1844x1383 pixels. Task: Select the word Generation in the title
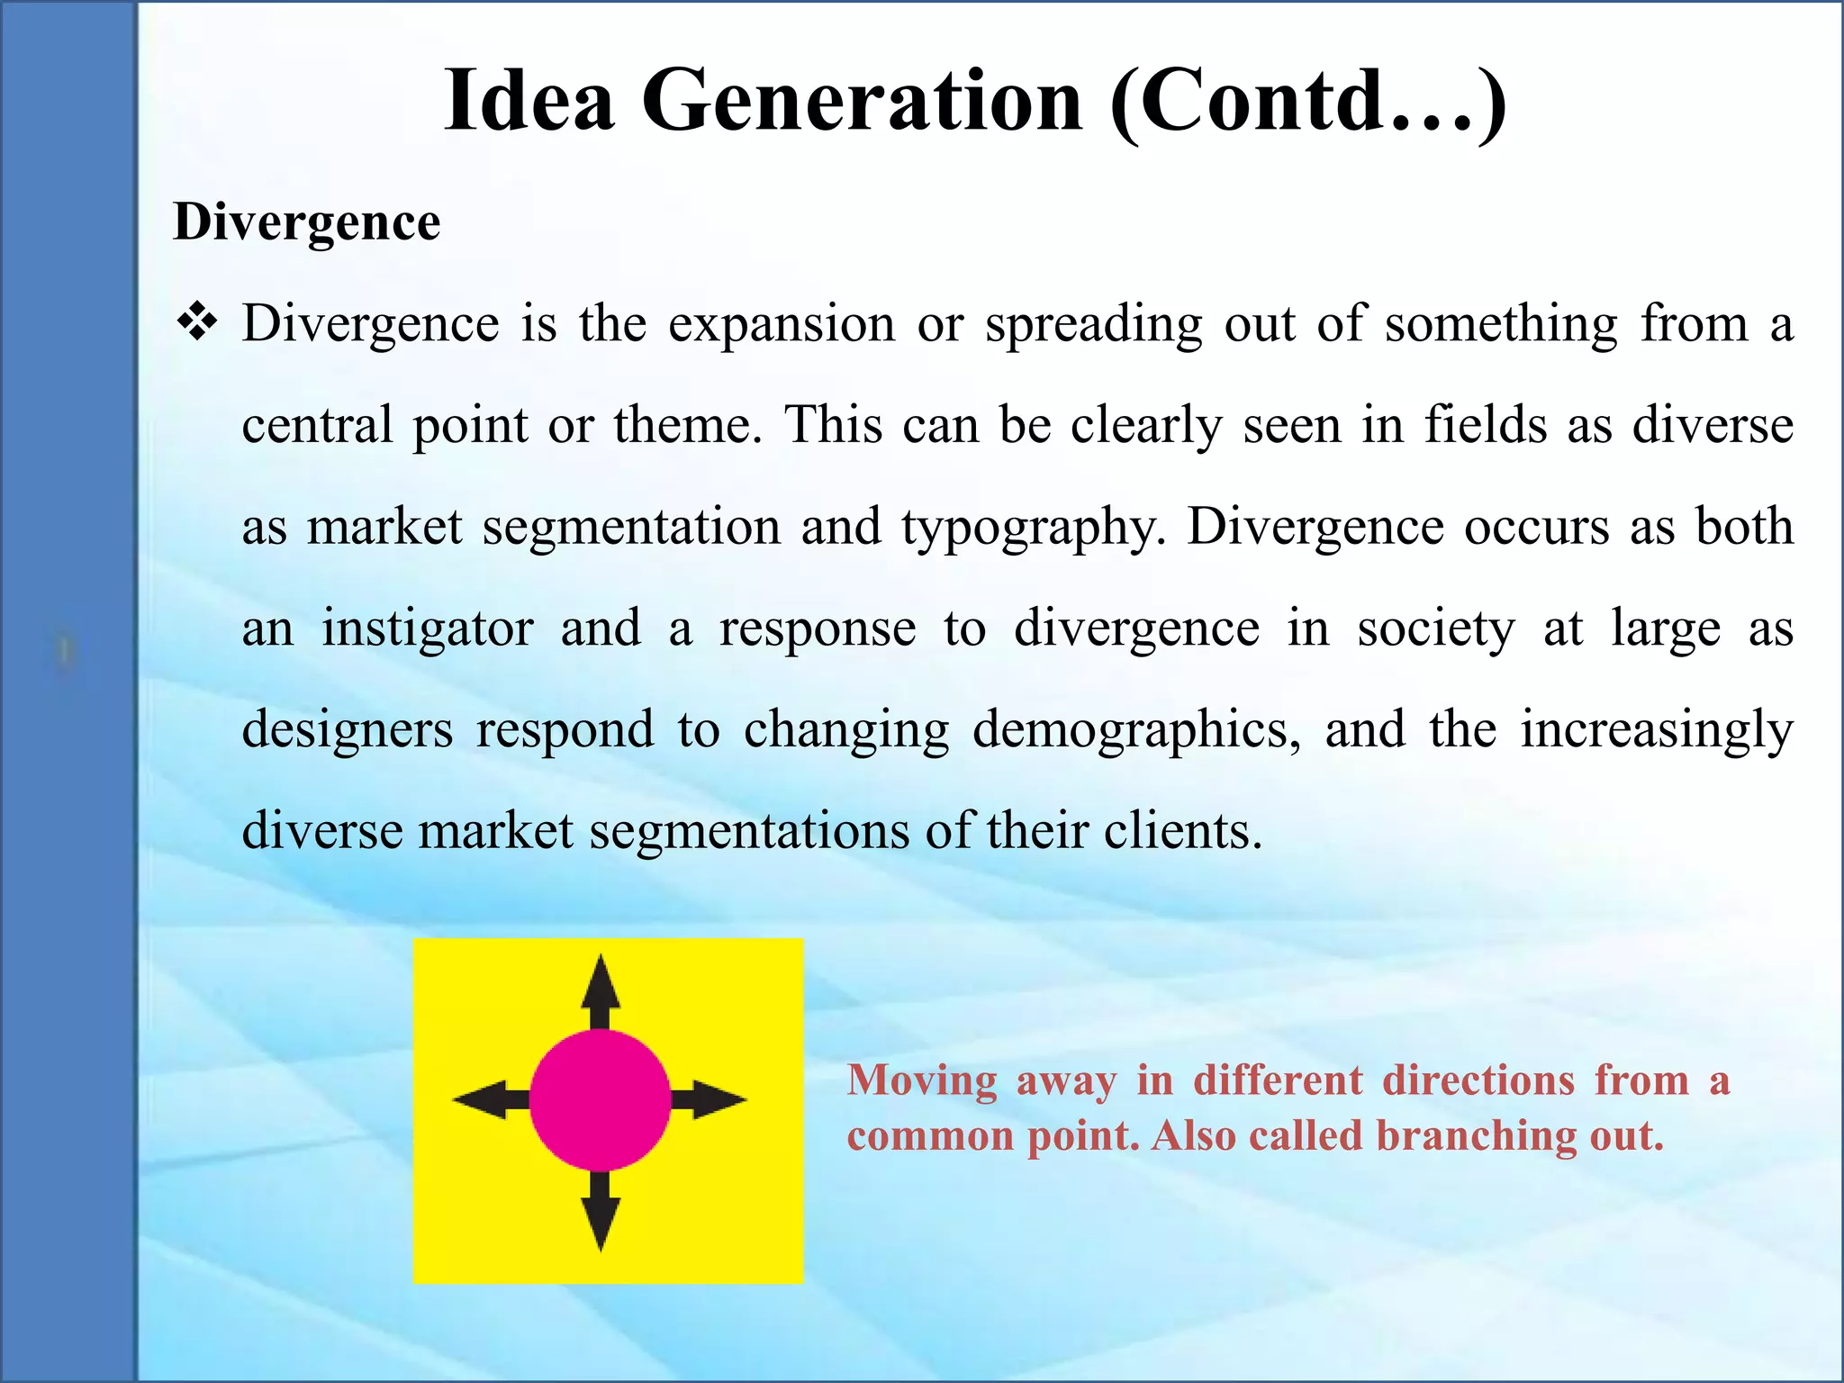[862, 100]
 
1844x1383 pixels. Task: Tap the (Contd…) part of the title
[1308, 100]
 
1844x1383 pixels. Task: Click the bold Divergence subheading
[307, 222]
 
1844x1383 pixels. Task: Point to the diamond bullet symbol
[197, 322]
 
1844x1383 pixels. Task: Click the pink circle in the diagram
[601, 1100]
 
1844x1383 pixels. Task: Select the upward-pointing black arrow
[601, 990]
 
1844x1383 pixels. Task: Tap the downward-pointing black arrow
[601, 1211]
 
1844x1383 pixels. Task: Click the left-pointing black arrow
[491, 1100]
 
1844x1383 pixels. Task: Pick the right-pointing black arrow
[710, 1100]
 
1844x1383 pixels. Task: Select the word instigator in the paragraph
[428, 628]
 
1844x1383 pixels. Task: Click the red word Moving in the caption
[922, 1080]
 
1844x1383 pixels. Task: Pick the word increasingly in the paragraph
[1657, 730]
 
